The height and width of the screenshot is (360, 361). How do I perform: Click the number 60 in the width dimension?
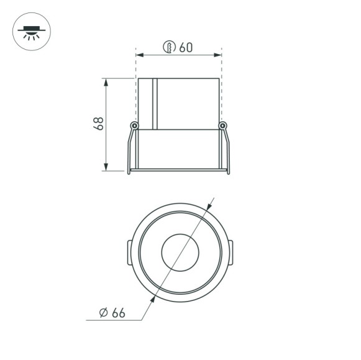[x=185, y=47]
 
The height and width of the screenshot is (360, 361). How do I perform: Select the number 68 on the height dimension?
[x=98, y=123]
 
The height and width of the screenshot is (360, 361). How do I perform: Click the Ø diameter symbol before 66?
[x=103, y=312]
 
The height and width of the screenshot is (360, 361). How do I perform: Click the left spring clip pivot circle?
[x=134, y=126]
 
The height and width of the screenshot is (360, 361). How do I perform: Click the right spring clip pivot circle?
[x=222, y=126]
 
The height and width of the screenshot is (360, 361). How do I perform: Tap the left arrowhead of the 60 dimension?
[x=139, y=56]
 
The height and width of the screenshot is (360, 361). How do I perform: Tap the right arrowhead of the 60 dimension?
[x=218, y=56]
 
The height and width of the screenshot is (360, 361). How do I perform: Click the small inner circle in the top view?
[x=179, y=252]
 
